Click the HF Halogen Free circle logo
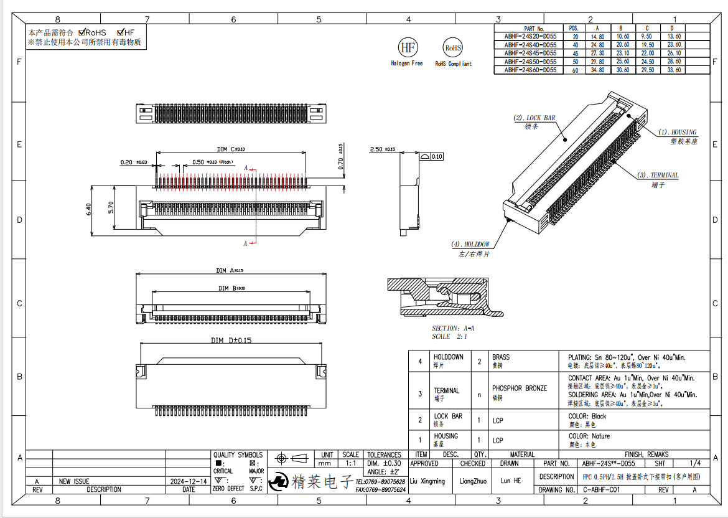click(408, 47)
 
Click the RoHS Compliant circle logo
click(452, 47)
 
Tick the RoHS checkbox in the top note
click(82, 32)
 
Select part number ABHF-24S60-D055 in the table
click(530, 70)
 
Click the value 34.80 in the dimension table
click(597, 70)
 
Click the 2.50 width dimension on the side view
click(376, 149)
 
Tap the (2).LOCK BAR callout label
click(534, 118)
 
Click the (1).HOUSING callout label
click(678, 133)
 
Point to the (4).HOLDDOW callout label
click(470, 244)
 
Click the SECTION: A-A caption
click(453, 328)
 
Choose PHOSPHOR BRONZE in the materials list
click(520, 388)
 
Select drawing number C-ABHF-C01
click(602, 490)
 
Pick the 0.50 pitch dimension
click(198, 162)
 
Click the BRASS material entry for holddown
click(501, 357)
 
